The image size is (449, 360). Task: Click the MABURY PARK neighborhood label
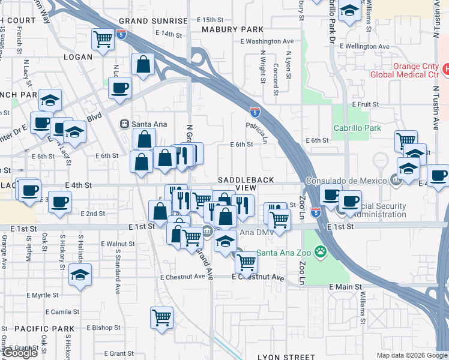tap(232, 29)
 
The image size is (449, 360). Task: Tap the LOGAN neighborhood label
tap(78, 57)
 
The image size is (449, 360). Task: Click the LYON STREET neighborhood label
tap(286, 356)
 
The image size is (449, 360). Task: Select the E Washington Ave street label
tap(267, 41)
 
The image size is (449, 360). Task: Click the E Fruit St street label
tap(364, 104)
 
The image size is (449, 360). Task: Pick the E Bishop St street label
tap(104, 328)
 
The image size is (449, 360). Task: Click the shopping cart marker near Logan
tap(103, 39)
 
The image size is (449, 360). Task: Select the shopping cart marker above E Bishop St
tap(162, 317)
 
